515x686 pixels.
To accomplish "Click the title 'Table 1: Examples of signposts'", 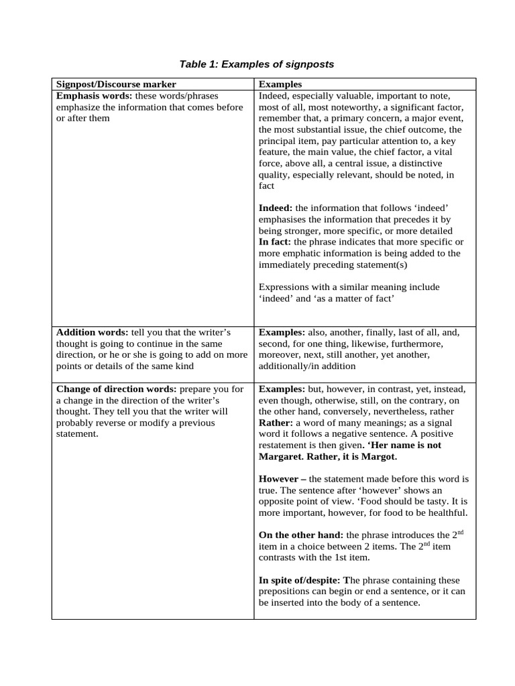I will tap(256, 64).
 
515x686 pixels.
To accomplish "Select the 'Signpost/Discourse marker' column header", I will tap(116, 84).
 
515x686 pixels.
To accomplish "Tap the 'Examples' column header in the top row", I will tap(280, 84).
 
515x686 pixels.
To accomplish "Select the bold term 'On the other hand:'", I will tap(301, 535).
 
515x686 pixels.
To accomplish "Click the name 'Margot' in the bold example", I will tap(380, 456).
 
